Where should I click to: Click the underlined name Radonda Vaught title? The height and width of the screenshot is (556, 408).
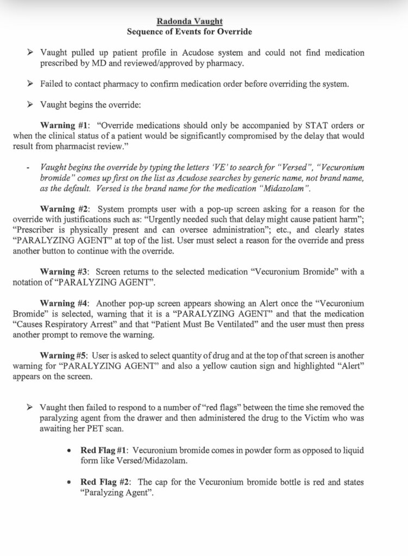click(189, 21)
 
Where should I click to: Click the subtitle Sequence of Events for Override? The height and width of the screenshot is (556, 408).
click(189, 31)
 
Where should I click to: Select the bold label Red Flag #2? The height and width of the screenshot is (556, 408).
click(104, 482)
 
